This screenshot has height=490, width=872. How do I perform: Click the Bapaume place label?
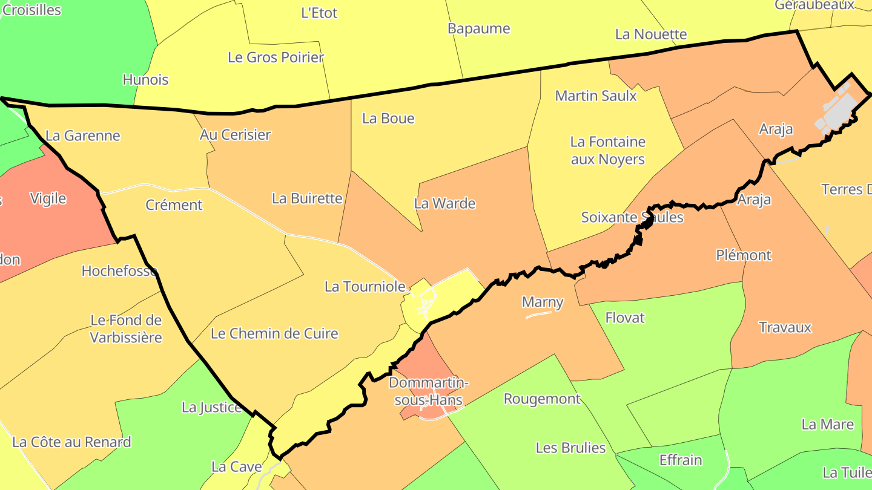pos(478,28)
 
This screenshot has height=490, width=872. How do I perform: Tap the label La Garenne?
pos(83,136)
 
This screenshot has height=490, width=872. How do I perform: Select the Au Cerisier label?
pos(235,134)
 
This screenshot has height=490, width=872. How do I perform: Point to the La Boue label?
pos(388,118)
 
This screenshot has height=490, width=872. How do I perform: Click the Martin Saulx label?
pos(596,96)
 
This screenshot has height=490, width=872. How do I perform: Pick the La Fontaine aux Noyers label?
pos(608,151)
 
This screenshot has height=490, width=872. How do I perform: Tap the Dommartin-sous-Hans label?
pos(429,391)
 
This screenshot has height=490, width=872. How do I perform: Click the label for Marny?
pos(543,302)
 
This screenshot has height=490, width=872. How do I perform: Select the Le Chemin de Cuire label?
pos(274,333)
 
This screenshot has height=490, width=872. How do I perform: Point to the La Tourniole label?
pos(365,286)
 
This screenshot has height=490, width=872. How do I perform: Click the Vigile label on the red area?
pos(48,198)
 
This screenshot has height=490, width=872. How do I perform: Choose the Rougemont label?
pos(542,399)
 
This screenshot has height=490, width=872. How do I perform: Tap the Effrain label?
pos(681,460)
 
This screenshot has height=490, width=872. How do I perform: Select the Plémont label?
pos(744,255)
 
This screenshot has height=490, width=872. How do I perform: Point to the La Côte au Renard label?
pos(71,442)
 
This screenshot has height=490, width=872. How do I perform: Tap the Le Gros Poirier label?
pos(276,57)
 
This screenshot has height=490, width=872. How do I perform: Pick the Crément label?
pos(174,204)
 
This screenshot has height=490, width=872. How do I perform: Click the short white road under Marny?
pos(538,315)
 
